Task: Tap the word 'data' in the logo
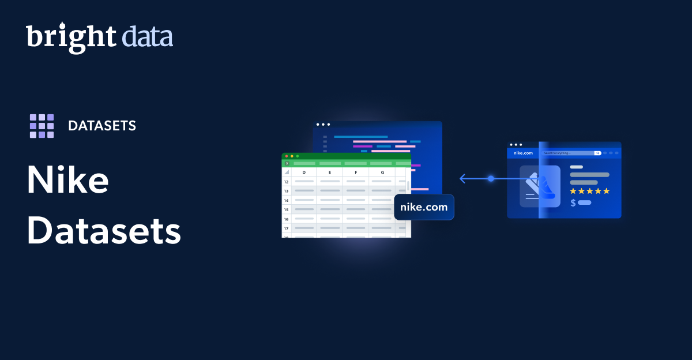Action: tap(147, 37)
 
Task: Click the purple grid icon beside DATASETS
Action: tap(42, 126)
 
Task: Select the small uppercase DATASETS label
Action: tap(102, 126)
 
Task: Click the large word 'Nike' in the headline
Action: tap(67, 180)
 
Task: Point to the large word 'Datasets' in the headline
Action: tap(104, 232)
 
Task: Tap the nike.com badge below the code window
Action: tap(424, 207)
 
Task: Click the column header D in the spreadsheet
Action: tap(304, 172)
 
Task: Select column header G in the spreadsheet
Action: tap(382, 172)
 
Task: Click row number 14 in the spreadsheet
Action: tap(286, 200)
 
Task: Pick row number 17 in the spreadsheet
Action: tap(286, 228)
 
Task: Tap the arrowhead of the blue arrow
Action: tap(461, 179)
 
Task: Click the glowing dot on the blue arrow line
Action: tap(491, 179)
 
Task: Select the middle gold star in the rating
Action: tap(589, 191)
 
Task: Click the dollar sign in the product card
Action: tap(573, 203)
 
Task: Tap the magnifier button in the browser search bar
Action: tap(597, 153)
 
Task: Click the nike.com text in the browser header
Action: tap(523, 153)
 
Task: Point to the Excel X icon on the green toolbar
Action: tap(287, 163)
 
